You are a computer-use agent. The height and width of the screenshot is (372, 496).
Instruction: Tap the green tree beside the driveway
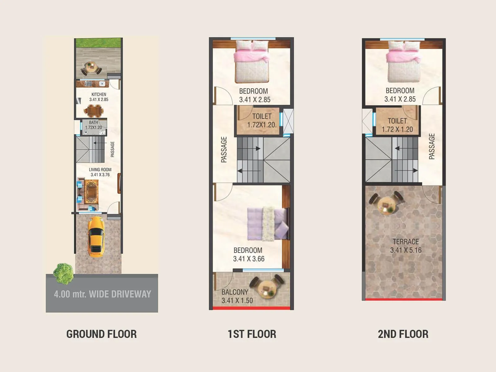click(x=63, y=273)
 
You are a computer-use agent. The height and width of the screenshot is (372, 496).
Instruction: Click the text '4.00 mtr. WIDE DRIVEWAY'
click(x=102, y=294)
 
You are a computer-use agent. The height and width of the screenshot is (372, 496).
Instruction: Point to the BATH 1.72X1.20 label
click(x=93, y=125)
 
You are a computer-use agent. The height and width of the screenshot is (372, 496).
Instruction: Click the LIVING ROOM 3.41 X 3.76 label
click(x=100, y=172)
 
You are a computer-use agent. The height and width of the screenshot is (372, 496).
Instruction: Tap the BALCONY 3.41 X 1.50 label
click(x=237, y=296)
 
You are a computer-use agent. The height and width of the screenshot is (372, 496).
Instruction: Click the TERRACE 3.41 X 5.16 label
click(x=405, y=246)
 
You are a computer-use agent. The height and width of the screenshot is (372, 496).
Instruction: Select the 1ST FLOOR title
click(x=252, y=334)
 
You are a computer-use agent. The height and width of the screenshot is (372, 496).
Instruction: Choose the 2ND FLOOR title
click(x=403, y=334)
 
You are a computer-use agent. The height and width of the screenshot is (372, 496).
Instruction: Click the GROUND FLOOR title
click(x=101, y=334)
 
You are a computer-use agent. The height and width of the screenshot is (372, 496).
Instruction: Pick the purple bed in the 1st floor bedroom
click(x=267, y=224)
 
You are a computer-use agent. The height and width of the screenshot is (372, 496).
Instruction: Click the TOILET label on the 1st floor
click(x=262, y=120)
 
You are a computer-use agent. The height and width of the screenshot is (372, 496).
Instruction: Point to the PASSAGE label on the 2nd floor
click(x=432, y=146)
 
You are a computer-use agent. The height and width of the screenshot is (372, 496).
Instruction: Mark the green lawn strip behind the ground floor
click(x=98, y=43)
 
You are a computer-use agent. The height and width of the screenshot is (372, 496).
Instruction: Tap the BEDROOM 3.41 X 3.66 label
click(x=249, y=255)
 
